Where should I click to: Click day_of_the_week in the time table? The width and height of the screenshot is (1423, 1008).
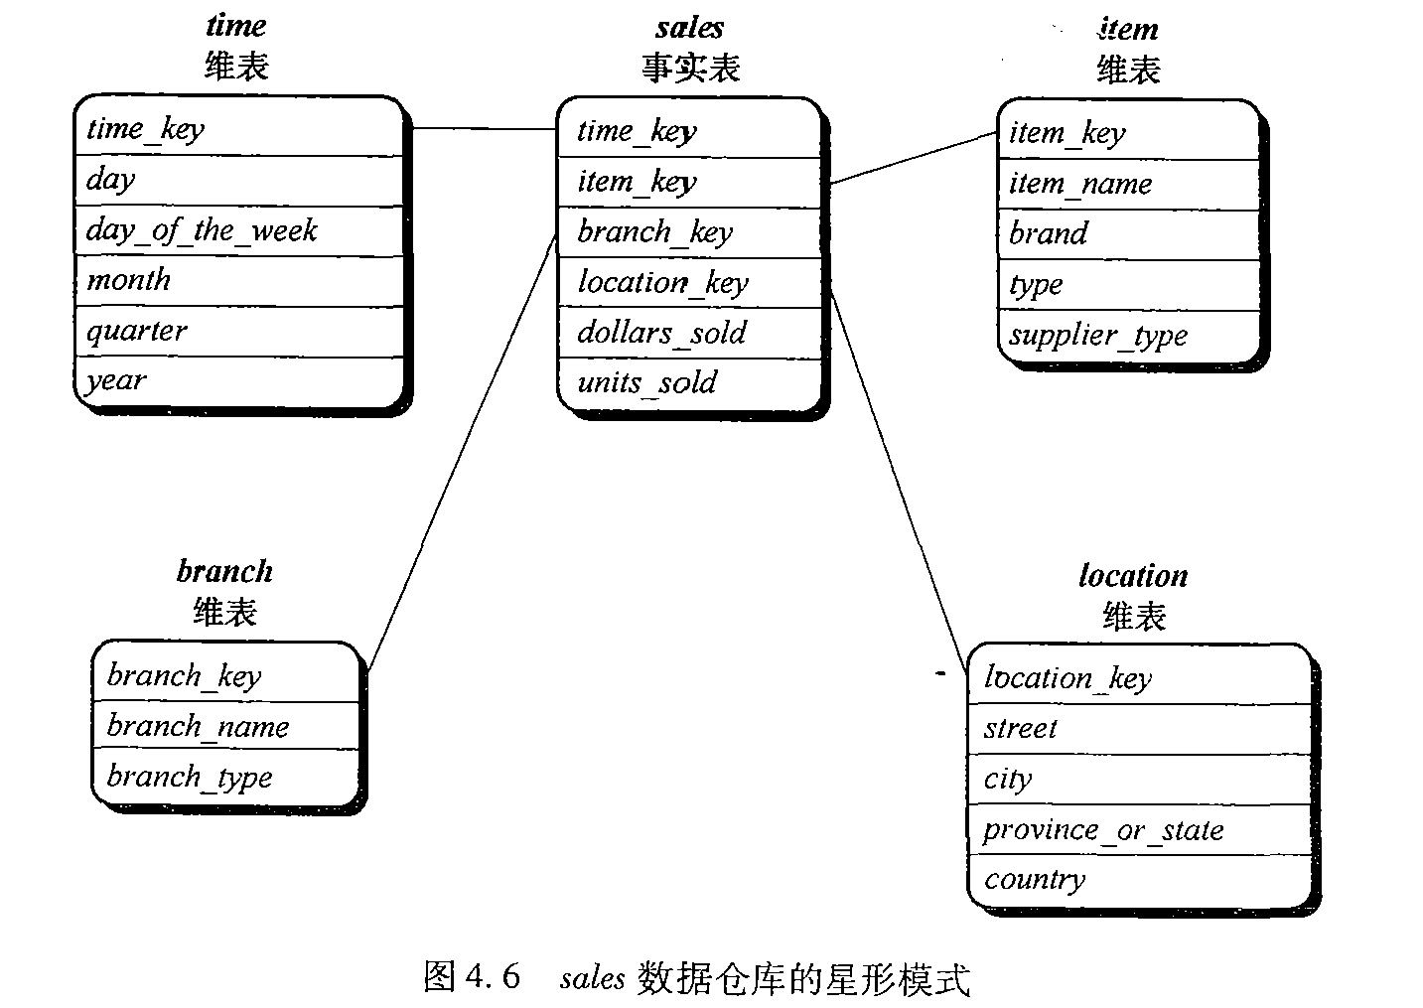[x=202, y=231]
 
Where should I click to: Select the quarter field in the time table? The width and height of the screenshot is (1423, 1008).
[x=136, y=331]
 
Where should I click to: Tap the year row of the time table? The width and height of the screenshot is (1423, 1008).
[x=116, y=381]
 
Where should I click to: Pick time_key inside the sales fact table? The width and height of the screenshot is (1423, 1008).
[x=637, y=131]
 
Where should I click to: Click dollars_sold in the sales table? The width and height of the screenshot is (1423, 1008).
[x=661, y=333]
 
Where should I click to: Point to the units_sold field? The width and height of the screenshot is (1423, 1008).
[x=646, y=383]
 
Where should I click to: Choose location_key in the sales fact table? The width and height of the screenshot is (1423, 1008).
[x=662, y=283]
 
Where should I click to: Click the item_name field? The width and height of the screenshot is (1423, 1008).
[x=1080, y=184]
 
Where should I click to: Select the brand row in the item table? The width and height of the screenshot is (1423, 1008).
[x=1048, y=234]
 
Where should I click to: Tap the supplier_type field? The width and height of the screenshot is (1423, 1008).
[x=1097, y=336]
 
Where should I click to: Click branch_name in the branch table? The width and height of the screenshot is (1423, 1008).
[x=198, y=727]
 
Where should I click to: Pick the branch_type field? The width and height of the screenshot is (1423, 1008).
[x=189, y=777]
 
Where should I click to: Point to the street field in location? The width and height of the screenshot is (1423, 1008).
[x=1020, y=729]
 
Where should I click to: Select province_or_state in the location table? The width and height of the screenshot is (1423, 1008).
[x=1103, y=830]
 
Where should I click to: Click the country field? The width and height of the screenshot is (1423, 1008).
[x=1035, y=880]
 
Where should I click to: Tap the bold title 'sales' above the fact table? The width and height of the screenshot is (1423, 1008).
[x=689, y=28]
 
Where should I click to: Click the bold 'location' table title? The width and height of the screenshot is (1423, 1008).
[x=1133, y=576]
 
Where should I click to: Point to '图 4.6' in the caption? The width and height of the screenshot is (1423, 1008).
[x=472, y=977]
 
